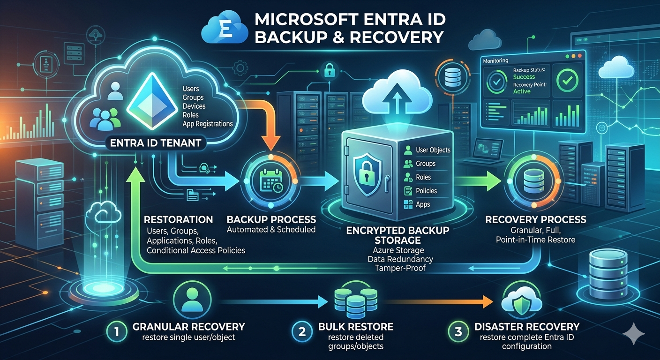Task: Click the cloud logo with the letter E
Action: click(x=225, y=27)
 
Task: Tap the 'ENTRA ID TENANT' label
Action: click(x=156, y=143)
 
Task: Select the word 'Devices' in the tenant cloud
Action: click(x=194, y=106)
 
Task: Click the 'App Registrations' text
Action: click(x=208, y=124)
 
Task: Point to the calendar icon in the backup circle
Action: click(x=271, y=181)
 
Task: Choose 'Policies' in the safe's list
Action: click(x=426, y=191)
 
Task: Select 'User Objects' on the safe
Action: click(x=433, y=150)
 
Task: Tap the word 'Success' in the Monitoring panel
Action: click(x=524, y=77)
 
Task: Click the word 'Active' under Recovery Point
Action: click(x=522, y=91)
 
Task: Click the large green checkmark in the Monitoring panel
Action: click(x=567, y=80)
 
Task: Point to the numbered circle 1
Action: click(x=117, y=332)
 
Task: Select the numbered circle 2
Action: click(x=302, y=332)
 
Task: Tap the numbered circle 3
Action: click(x=458, y=332)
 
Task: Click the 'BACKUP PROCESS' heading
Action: click(x=271, y=219)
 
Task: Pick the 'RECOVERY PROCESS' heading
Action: click(x=535, y=219)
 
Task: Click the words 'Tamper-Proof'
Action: click(x=400, y=268)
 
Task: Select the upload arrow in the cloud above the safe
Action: click(x=397, y=97)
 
